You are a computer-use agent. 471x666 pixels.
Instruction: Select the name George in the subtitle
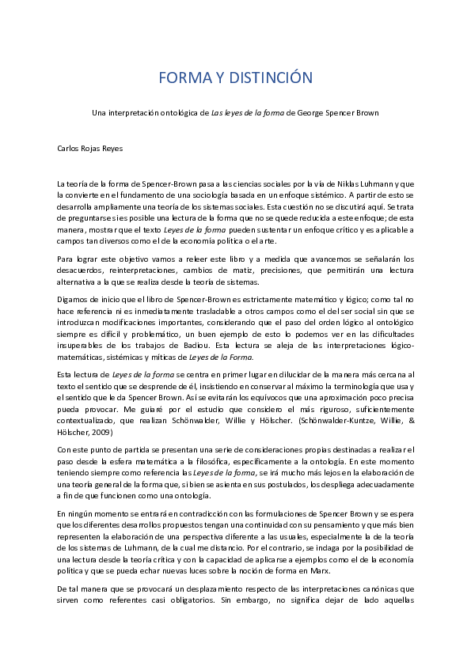(301, 113)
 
